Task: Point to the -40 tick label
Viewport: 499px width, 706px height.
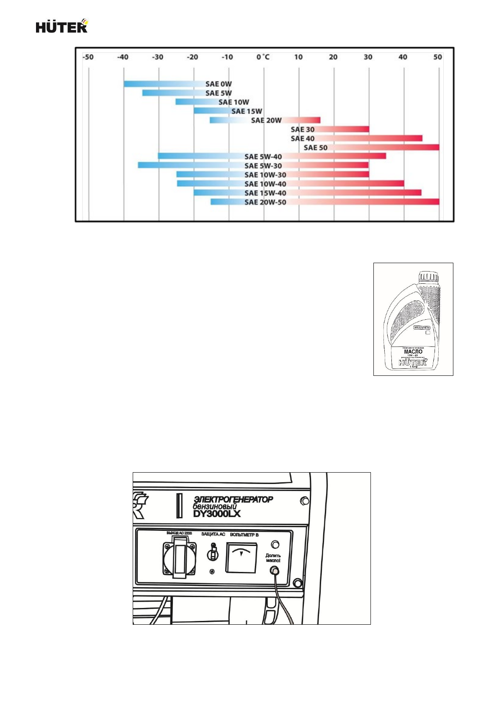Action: pos(123,57)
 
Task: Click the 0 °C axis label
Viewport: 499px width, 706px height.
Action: pos(263,57)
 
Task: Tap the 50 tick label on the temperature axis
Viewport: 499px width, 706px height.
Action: pos(437,57)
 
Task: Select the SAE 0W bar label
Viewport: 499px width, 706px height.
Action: pos(219,84)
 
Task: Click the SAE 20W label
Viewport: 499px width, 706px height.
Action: pos(266,121)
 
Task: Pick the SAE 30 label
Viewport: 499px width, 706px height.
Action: pos(303,129)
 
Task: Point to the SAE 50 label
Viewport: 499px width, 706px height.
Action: pos(316,147)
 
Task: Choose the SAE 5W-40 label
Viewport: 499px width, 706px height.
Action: pos(263,157)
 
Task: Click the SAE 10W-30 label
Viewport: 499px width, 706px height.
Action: pos(265,175)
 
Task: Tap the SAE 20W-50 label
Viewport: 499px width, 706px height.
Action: pos(265,202)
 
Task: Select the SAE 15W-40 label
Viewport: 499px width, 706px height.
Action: pos(265,193)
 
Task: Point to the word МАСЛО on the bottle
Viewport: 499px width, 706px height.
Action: pos(413,352)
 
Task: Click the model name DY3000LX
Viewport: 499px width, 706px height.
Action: pos(217,514)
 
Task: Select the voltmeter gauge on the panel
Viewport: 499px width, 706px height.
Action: pos(242,557)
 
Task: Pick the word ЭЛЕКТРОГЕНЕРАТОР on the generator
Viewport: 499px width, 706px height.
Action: pos(233,499)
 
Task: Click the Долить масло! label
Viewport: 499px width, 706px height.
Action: pos(273,558)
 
